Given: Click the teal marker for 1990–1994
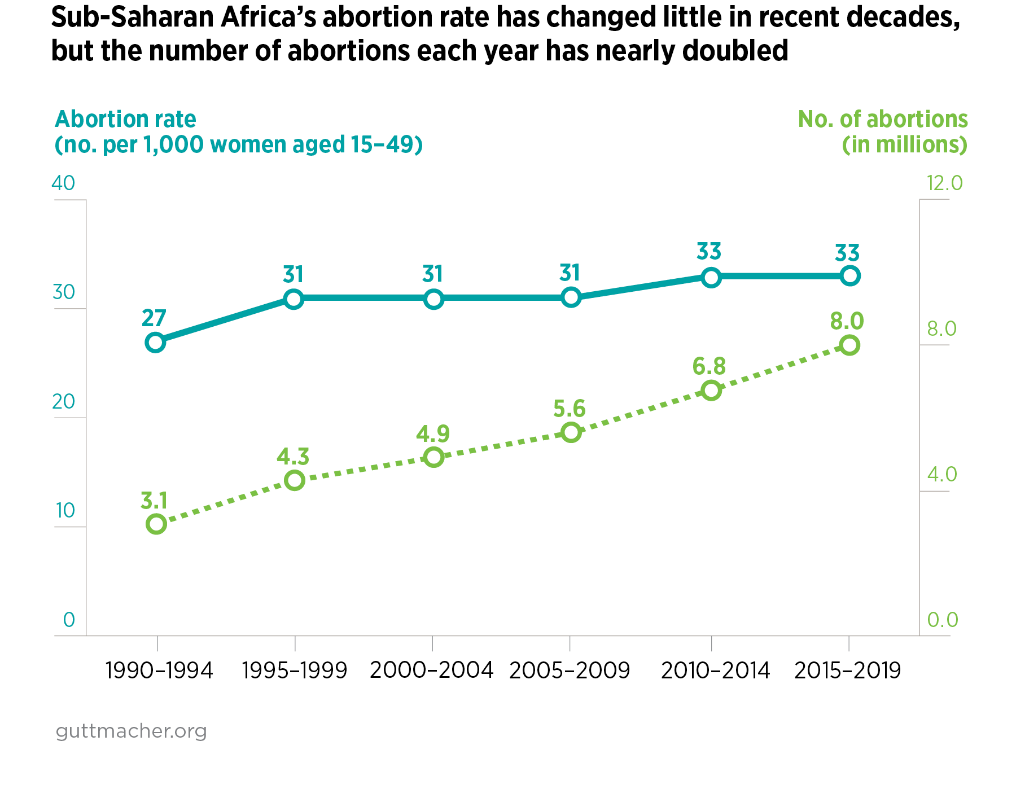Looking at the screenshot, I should [x=155, y=342].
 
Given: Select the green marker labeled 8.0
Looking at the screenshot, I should [x=849, y=345].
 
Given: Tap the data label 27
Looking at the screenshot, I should [x=154, y=318].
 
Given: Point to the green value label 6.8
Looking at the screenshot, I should [x=709, y=366].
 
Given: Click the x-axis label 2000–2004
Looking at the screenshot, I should [x=432, y=670].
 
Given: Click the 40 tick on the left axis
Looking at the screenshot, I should [x=63, y=183].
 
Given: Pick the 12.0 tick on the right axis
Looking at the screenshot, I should [x=944, y=183].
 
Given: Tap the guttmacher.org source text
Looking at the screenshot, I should [x=131, y=731].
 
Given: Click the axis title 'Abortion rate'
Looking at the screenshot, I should [x=125, y=119].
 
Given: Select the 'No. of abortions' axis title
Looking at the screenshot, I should [x=883, y=119].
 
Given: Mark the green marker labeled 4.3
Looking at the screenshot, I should [x=294, y=480].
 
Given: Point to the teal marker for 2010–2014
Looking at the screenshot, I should [x=711, y=277].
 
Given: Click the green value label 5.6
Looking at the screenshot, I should [x=569, y=409].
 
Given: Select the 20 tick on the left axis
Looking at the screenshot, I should [x=63, y=402].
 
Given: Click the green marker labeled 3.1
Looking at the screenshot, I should [x=156, y=524].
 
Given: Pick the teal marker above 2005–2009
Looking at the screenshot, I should [x=571, y=297].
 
